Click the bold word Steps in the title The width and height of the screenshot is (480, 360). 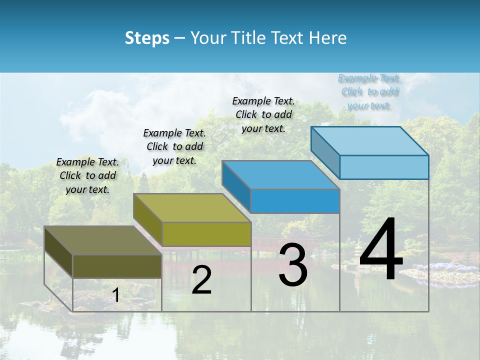tap(147, 38)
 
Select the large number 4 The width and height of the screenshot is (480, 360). tap(381, 250)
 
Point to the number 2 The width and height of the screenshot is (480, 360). tap(201, 280)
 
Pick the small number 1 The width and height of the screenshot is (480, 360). tap(116, 295)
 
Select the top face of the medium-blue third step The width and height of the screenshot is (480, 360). tap(280, 175)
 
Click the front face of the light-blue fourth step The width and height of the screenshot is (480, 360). tap(384, 167)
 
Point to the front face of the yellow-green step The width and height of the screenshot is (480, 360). tap(206, 234)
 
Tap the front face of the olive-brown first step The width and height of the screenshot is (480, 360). tap(117, 266)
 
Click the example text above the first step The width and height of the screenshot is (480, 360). tap(87, 175)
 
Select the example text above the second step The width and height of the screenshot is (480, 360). tap(174, 146)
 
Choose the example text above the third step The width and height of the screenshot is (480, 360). tap(263, 114)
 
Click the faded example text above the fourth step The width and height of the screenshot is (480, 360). tap(369, 91)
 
